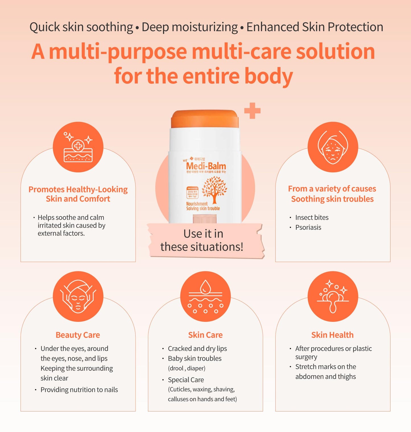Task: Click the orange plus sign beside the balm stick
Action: pos(252,110)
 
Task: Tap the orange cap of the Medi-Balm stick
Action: pos(205,119)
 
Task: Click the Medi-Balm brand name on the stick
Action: pos(206,166)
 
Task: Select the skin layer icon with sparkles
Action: pos(78,147)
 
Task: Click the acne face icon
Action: pos(332,147)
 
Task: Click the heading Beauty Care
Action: pos(78,335)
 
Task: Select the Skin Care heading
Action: pos(205,335)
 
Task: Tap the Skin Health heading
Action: pos(332,335)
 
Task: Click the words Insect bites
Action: pos(312,218)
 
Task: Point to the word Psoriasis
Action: pos(308,228)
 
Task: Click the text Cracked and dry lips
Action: pos(197,349)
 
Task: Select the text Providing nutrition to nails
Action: pos(79,390)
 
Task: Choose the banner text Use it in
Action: pos(203,234)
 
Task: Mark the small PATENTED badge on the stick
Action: pos(192,189)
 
